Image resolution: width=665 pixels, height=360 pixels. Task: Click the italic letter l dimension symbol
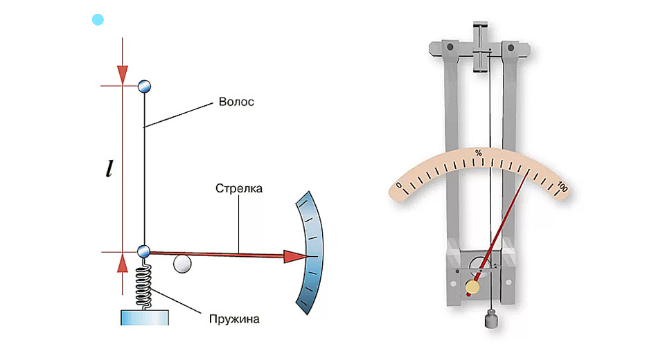[109, 169]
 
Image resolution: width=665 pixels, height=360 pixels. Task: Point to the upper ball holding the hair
[144, 86]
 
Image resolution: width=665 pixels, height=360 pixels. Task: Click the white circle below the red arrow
[181, 264]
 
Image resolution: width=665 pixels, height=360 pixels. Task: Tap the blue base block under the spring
[144, 317]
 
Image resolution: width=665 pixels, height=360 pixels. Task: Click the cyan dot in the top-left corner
[98, 19]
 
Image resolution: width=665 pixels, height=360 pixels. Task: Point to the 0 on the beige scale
[399, 186]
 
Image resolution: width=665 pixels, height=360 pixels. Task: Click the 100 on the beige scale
[562, 187]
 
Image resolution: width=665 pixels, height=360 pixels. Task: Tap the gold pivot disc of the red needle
[473, 287]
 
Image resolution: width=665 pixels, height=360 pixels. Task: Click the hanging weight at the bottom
[491, 321]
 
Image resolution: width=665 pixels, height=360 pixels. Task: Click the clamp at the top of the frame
[482, 48]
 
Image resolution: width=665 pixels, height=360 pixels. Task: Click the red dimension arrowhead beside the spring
[123, 264]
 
